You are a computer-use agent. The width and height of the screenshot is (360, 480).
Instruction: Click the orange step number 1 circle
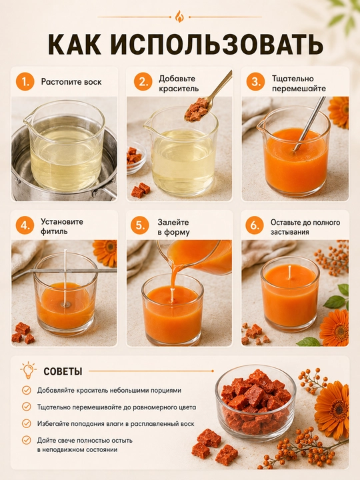[x=25, y=82]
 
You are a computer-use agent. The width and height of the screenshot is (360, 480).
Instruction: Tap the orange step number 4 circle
[x=25, y=225]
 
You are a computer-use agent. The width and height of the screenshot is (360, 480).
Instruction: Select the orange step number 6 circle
[x=255, y=225]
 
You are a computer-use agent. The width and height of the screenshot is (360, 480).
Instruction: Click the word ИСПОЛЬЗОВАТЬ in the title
[x=217, y=45]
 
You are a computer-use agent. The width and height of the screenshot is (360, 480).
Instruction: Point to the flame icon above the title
[x=179, y=17]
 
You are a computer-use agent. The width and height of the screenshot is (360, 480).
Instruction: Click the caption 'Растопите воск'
[x=71, y=82]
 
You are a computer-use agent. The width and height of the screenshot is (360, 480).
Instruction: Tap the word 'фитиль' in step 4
[x=54, y=231]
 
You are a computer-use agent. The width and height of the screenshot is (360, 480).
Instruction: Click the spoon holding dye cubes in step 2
[x=207, y=97]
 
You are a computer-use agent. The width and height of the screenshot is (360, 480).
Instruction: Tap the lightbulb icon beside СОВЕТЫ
[x=28, y=370]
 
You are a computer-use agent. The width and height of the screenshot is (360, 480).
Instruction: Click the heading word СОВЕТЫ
[x=63, y=371]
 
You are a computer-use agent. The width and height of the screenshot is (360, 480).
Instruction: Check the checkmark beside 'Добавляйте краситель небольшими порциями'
[x=27, y=390]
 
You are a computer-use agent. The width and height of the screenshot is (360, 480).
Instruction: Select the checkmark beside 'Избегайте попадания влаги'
[x=27, y=424]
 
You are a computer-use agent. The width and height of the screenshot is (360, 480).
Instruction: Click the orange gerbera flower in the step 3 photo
[x=339, y=112]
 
